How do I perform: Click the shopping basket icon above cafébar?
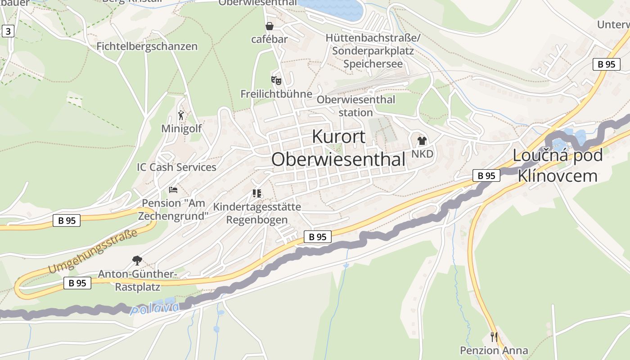coord(270,26)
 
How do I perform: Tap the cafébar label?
coord(270,39)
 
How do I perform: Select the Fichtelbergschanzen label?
coord(147,46)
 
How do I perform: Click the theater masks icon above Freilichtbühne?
coord(276,81)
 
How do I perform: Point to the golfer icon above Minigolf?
coord(181,115)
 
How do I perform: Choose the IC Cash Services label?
coord(176,167)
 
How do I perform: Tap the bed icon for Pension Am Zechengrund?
coord(173,190)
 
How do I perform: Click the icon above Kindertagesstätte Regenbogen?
coord(257,193)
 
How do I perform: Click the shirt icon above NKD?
coord(422,141)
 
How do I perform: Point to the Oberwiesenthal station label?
coord(355,106)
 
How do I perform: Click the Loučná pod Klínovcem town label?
coord(558,165)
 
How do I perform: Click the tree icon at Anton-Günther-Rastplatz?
coord(137,260)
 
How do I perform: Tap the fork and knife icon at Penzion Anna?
coord(494,337)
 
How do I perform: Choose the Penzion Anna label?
coord(494,351)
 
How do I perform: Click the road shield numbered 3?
coord(8,31)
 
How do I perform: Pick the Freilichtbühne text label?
coord(276,94)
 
